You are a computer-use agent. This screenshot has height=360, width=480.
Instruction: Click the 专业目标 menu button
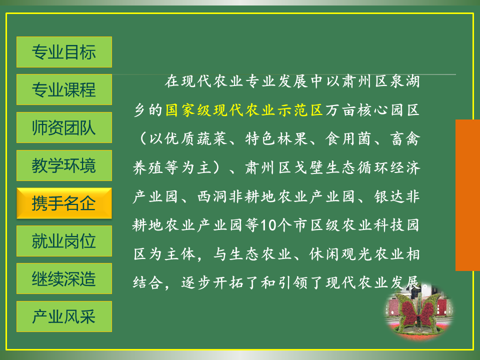coord(64,52)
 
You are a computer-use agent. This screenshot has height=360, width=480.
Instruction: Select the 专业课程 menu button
coord(64,89)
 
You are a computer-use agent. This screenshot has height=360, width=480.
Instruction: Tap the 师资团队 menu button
coord(64,127)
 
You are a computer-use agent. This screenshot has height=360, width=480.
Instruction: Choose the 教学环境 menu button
coord(64,165)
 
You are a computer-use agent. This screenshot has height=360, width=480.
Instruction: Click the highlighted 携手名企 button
coord(64,203)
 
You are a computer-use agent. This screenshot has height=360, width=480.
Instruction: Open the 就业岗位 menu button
coord(64,241)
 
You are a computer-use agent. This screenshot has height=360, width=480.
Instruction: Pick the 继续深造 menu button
coord(64,279)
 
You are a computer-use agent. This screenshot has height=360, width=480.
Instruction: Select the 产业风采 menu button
coord(64,316)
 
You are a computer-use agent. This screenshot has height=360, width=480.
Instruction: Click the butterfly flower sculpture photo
coord(419,313)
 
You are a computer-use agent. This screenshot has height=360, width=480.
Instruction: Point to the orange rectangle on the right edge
coord(468,195)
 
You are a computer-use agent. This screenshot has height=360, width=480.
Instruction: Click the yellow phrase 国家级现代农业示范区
coord(244,110)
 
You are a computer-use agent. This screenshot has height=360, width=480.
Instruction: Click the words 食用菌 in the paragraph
coord(348,138)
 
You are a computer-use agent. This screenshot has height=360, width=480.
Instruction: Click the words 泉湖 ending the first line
coord(404,81)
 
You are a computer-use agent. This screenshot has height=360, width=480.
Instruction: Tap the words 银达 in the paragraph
coord(389,196)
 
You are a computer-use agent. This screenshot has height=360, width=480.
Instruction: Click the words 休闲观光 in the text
coord(340,254)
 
